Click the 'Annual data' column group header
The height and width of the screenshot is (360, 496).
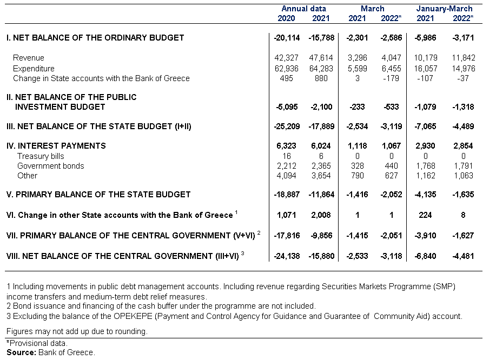pyautogui.click(x=303, y=9)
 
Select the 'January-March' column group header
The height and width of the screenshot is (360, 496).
pyautogui.click(x=444, y=9)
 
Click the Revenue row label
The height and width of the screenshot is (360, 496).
pyautogui.click(x=29, y=58)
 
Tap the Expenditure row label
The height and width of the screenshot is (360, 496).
pyautogui.click(x=34, y=69)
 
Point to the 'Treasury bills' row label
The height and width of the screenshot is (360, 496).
pyautogui.click(x=41, y=156)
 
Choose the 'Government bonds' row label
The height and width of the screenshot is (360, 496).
pyautogui.click(x=51, y=166)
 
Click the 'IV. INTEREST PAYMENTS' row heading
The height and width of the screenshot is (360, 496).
pyautogui.click(x=56, y=146)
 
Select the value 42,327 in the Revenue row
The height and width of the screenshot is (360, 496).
pyautogui.click(x=286, y=58)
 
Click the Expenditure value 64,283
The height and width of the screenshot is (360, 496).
pyautogui.click(x=321, y=69)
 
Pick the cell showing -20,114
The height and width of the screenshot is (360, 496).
pyautogui.click(x=287, y=38)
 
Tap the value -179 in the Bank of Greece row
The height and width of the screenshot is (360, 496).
pyautogui.click(x=391, y=78)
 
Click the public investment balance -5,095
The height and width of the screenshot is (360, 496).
pyautogui.click(x=287, y=107)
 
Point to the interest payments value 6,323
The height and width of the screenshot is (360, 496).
pyautogui.click(x=286, y=146)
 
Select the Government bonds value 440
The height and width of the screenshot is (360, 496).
pyautogui.click(x=391, y=166)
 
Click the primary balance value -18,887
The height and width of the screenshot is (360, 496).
pyautogui.click(x=287, y=195)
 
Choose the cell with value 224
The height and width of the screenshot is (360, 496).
pyautogui.click(x=425, y=215)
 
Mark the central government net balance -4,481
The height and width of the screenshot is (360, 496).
pyautogui.click(x=463, y=256)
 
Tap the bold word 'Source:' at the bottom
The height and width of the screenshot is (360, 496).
pyautogui.click(x=21, y=352)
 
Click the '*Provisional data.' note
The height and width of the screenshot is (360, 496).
pyautogui.click(x=37, y=343)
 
